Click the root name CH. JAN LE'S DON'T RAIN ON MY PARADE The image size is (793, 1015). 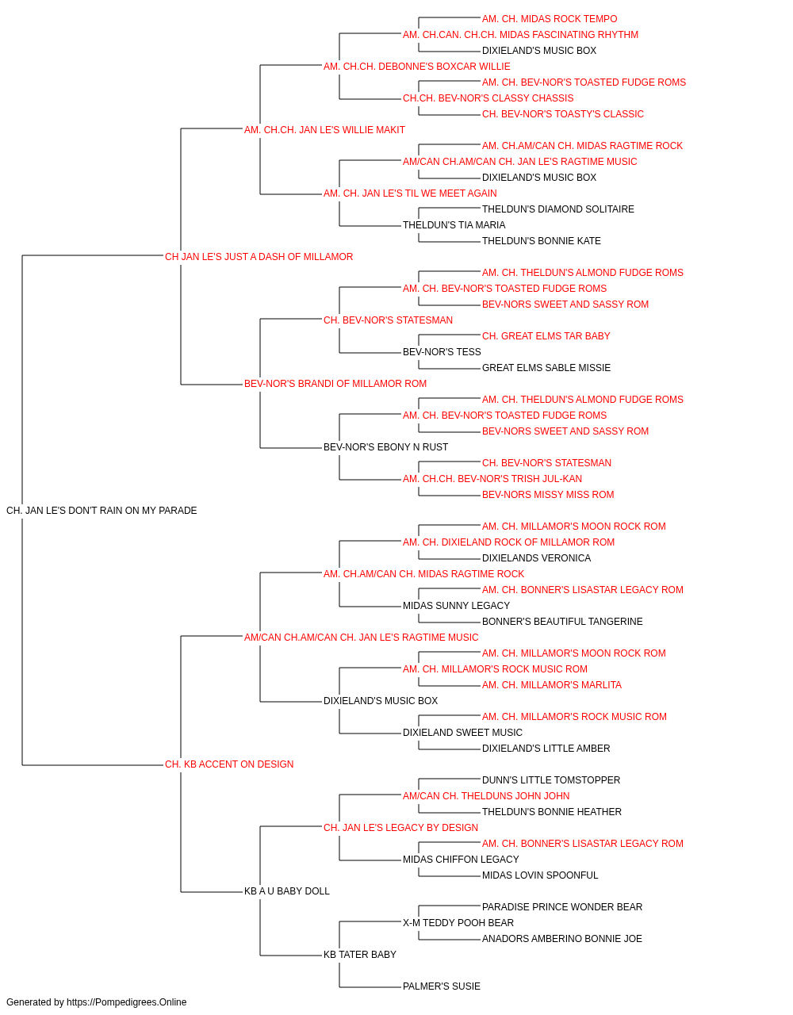[102, 511]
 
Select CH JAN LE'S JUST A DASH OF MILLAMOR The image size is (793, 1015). [259, 257]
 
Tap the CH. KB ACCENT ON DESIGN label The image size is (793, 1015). [229, 764]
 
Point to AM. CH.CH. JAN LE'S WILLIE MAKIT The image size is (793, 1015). [324, 130]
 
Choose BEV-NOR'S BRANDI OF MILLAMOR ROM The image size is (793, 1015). [335, 384]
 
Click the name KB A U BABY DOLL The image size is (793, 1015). [287, 891]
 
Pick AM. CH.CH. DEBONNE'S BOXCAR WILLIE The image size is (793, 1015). [416, 67]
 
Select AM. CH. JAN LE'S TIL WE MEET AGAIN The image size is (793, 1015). [410, 193]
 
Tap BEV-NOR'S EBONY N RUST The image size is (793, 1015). [385, 447]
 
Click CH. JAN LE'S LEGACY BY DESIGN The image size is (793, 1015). [400, 828]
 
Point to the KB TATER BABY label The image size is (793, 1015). [359, 955]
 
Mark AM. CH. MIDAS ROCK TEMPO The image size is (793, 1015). [550, 19]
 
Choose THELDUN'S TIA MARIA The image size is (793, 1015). [454, 225]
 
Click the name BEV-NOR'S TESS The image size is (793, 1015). [442, 352]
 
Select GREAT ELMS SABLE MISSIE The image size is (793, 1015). [546, 368]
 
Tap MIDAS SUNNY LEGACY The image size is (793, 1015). [456, 606]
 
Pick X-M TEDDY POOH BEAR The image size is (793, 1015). [458, 923]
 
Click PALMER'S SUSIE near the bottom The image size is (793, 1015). [442, 986]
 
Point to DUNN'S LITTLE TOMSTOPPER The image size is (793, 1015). [551, 780]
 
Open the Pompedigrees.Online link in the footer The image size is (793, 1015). [127, 1002]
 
